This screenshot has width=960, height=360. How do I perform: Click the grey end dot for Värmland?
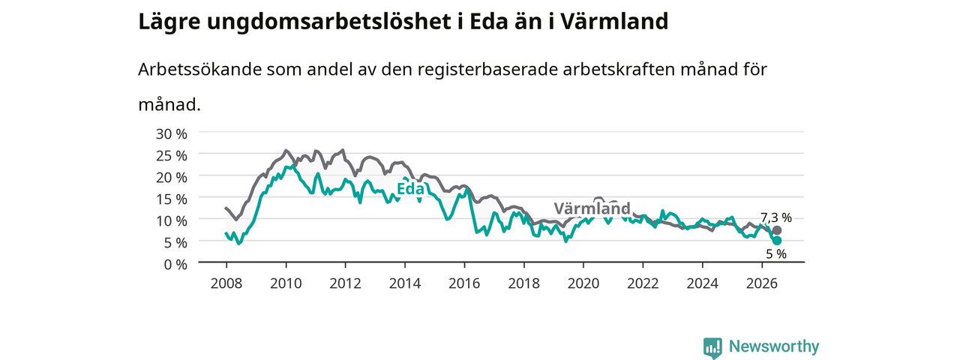[776, 230]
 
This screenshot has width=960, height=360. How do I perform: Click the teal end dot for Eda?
[776, 241]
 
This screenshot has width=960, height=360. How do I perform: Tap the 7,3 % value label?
[776, 217]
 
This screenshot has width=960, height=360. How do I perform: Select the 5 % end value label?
[776, 254]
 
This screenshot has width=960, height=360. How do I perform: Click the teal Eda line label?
[410, 189]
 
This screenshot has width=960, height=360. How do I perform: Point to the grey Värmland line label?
[592, 208]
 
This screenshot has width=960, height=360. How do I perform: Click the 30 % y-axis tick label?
[172, 134]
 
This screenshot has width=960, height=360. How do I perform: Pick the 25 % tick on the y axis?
[172, 156]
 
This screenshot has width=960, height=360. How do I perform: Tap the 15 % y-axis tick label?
[172, 199]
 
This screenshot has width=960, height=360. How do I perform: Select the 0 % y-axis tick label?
[175, 265]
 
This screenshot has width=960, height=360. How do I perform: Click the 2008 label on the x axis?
[226, 283]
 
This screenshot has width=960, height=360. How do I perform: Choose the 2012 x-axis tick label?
[346, 283]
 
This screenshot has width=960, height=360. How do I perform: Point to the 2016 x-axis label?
[464, 283]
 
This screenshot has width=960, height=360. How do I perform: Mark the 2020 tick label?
[583, 283]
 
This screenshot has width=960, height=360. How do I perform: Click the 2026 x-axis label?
[762, 283]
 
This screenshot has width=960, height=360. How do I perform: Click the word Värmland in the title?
[614, 22]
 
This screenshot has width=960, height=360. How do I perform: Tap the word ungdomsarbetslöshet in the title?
[329, 22]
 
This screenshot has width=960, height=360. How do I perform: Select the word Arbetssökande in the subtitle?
[199, 70]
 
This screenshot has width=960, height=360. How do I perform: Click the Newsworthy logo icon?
[712, 347]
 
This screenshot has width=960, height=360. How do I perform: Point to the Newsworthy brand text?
[774, 346]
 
